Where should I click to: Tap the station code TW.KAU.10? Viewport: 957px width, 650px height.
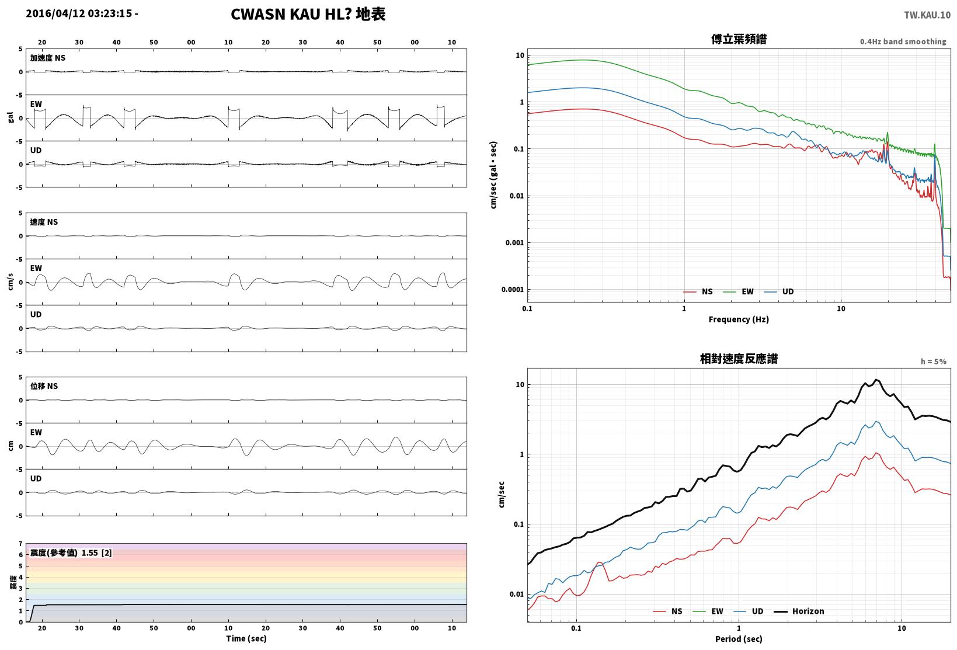point(927,15)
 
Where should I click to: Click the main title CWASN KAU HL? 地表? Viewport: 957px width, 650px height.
point(308,14)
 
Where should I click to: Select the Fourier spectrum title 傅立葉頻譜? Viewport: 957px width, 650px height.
point(739,39)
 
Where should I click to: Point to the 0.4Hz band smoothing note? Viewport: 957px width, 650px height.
point(903,41)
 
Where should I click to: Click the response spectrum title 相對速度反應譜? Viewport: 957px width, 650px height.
point(739,359)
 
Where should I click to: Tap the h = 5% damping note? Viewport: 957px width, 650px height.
point(934,362)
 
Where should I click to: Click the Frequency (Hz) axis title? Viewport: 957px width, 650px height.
point(739,319)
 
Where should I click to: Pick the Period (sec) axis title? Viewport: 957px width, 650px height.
point(739,639)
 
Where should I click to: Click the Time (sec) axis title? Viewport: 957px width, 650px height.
point(246,638)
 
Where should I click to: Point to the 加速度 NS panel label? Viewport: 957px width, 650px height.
point(47,58)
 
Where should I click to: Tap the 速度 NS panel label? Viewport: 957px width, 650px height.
point(44,222)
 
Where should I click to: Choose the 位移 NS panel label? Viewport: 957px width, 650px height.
point(44,386)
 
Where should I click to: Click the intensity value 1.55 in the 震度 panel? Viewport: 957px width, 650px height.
point(89,553)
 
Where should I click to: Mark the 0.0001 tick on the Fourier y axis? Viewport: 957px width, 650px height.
point(513,289)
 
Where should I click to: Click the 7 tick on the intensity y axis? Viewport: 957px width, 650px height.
point(20,544)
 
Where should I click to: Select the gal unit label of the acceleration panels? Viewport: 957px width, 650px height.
point(11,117)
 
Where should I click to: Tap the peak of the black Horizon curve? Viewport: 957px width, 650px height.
point(876,380)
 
